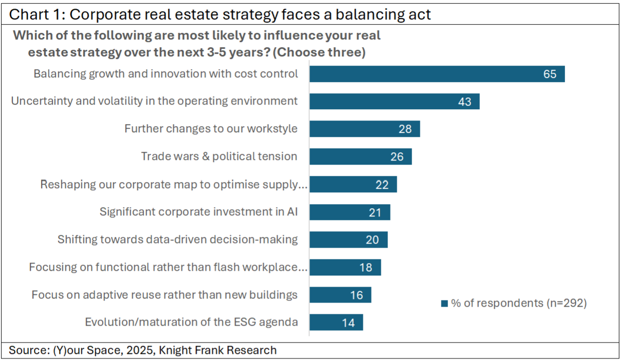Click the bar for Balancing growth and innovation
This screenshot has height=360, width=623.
pyautogui.click(x=436, y=74)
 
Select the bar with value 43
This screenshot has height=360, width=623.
pyautogui.click(x=394, y=102)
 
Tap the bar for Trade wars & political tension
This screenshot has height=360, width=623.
pyautogui.click(x=360, y=156)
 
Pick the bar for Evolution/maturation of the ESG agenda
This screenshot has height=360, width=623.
pyautogui.click(x=336, y=323)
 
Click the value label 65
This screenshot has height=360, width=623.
pyautogui.click(x=550, y=74)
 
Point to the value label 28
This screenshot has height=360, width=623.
pyautogui.click(x=405, y=129)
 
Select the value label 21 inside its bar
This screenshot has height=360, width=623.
pyautogui.click(x=375, y=212)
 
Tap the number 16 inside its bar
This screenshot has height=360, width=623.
pyautogui.click(x=356, y=295)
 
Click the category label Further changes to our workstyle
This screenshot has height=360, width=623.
pyautogui.click(x=211, y=129)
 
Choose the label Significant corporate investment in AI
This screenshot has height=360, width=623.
pyautogui.click(x=199, y=212)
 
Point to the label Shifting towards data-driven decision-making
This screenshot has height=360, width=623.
pyautogui.click(x=178, y=239)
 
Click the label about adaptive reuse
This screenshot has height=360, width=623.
pyautogui.click(x=165, y=295)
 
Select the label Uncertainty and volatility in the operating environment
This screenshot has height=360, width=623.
pyautogui.click(x=154, y=101)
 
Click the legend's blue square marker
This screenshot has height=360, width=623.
pyautogui.click(x=444, y=304)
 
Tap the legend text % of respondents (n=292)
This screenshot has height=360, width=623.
pyautogui.click(x=519, y=303)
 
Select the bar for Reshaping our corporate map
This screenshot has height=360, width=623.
pyautogui.click(x=353, y=185)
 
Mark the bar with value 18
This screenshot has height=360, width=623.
pyautogui.click(x=345, y=267)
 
